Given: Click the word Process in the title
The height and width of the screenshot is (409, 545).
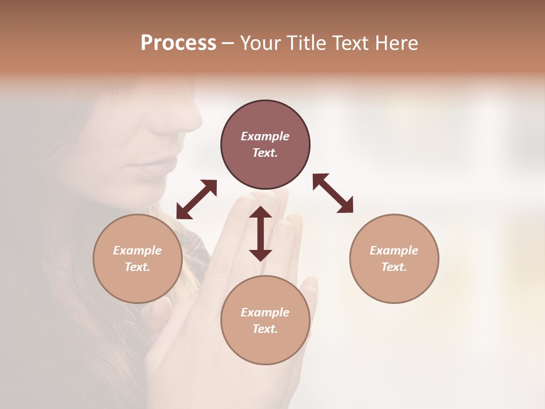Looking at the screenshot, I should coord(178,43).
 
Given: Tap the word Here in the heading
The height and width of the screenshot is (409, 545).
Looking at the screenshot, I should coord(395,43).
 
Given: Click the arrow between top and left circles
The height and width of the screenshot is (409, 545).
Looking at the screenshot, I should coord(196,199).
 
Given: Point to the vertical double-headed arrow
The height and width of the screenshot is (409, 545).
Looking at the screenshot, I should coord(261,233).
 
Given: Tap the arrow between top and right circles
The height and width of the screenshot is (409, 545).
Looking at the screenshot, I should coord(333,193).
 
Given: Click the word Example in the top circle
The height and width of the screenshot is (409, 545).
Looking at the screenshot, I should coord(265,136).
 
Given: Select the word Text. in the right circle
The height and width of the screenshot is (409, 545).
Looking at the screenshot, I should coord(394,267).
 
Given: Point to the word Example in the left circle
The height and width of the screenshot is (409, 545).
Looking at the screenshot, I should coord(137,251).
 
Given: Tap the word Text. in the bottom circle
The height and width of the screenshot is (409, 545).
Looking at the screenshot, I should coord(265,329).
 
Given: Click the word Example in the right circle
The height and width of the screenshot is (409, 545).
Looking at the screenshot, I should coord(394,251).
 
